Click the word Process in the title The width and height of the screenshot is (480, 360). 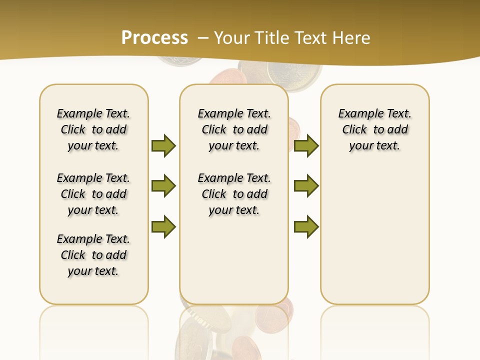coord(154,37)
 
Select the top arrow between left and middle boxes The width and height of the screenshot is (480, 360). coord(163,145)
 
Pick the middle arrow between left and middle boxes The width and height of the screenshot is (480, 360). coord(163,186)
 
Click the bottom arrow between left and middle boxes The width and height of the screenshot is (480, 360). coord(163,226)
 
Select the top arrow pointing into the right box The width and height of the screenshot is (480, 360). coord(306,145)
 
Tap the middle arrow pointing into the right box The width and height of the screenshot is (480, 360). coord(306,186)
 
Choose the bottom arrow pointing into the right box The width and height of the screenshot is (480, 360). coord(306,226)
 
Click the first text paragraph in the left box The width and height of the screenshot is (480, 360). coord(93,129)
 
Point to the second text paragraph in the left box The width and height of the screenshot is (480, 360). coord(93,194)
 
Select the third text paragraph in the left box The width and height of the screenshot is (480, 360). coord(93,255)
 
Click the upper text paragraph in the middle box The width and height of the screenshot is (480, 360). coord(234,129)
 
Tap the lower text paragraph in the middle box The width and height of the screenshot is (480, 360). coord(234,194)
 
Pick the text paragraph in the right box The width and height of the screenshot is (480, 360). coord(374,129)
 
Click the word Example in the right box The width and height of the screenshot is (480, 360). coord(356,113)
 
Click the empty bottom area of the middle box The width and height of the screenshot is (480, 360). coord(234,265)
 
